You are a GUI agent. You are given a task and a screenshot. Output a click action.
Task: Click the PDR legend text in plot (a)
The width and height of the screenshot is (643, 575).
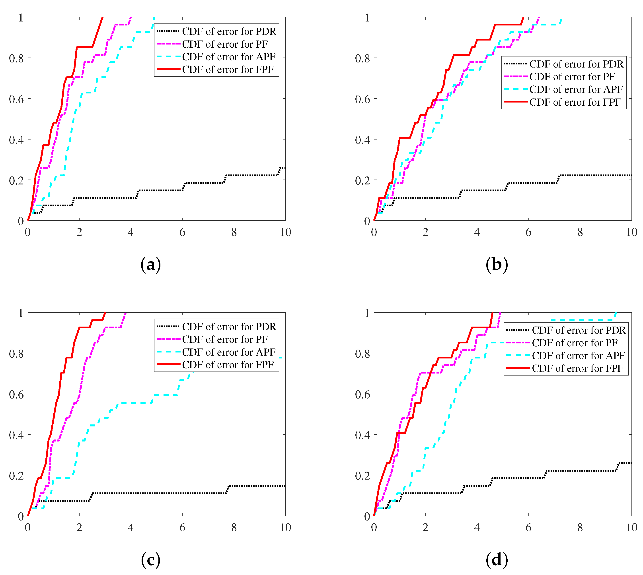(229, 31)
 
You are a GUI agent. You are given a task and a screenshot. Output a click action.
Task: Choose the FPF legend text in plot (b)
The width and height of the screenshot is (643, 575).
(575, 102)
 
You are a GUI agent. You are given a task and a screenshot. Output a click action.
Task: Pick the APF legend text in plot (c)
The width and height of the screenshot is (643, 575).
(229, 352)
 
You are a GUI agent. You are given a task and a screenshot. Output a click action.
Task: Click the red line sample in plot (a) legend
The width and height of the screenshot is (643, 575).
(168, 69)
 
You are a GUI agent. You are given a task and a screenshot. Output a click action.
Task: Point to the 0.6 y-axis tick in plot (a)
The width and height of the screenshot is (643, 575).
(16, 99)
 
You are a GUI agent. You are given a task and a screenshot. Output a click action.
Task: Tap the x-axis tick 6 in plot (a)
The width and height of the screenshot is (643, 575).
(182, 232)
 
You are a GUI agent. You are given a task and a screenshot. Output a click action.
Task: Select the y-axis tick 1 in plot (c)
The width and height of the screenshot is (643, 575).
(21, 313)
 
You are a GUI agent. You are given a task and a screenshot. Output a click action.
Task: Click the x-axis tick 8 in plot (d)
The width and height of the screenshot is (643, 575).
(580, 527)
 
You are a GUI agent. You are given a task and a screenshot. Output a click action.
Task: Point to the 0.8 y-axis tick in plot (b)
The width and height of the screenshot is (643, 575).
(362, 58)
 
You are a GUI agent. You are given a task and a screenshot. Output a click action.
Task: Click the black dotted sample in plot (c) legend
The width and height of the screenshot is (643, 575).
(168, 326)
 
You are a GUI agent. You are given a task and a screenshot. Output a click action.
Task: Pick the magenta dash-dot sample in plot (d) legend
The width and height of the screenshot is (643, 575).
(518, 343)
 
